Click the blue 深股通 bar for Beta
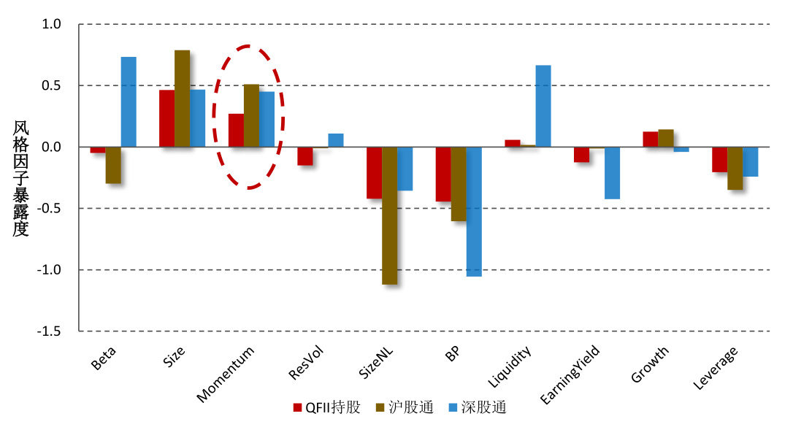[x=129, y=102]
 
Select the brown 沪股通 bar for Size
[x=182, y=99]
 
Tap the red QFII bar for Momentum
[x=236, y=131]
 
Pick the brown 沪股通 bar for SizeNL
[x=389, y=215]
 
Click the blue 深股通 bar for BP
[x=474, y=212]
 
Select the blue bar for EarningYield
[x=612, y=173]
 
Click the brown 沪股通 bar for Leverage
[x=735, y=169]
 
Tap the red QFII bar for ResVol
[x=304, y=156]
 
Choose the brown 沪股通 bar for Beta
[x=113, y=165]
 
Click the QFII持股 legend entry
[x=326, y=407]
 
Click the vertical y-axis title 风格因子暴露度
[x=20, y=179]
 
